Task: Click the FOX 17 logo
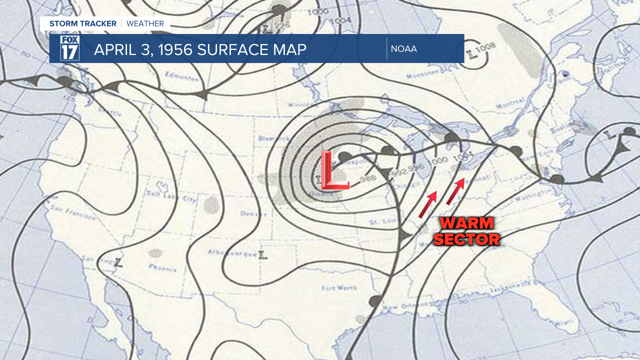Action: (x=69, y=48)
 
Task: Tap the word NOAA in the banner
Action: (x=404, y=48)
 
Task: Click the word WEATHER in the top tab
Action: (x=145, y=23)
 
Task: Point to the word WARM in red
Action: (x=466, y=223)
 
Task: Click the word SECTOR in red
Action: (x=466, y=239)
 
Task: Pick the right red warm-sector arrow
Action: (x=455, y=192)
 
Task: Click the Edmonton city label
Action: (x=182, y=78)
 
